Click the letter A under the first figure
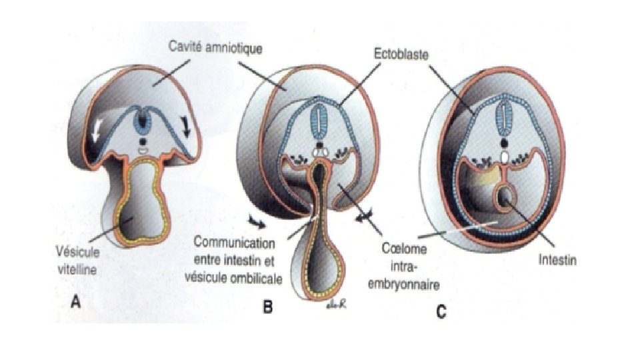pos(77,301)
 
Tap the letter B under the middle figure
pos(267,307)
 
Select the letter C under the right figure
pos(441,311)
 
